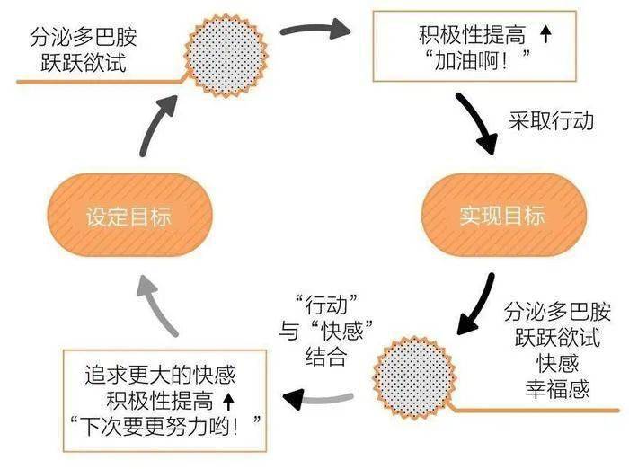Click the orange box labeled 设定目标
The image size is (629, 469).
coord(128,217)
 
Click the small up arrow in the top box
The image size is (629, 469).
coord(545,37)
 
